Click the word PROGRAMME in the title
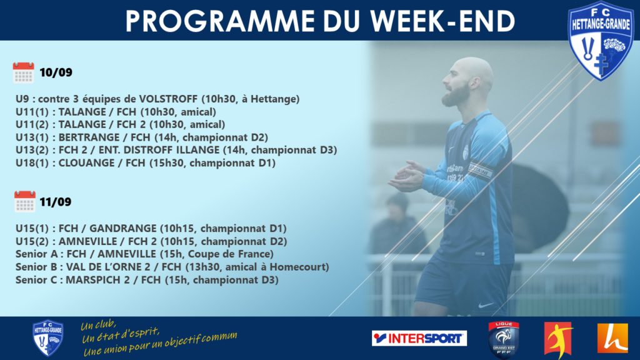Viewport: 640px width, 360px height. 220,21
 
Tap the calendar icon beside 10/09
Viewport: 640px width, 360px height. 23,72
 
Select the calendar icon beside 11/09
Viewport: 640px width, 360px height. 25,202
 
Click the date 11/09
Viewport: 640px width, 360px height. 56,202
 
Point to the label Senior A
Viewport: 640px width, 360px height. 37,254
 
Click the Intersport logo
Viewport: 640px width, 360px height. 419,338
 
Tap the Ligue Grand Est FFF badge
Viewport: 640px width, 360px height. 504,339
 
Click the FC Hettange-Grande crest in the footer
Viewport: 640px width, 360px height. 47,338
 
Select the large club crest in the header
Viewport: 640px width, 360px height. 601,40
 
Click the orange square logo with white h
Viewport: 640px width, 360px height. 612,338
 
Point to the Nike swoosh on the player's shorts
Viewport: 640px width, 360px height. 486,305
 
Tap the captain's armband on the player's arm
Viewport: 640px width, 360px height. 480,170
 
